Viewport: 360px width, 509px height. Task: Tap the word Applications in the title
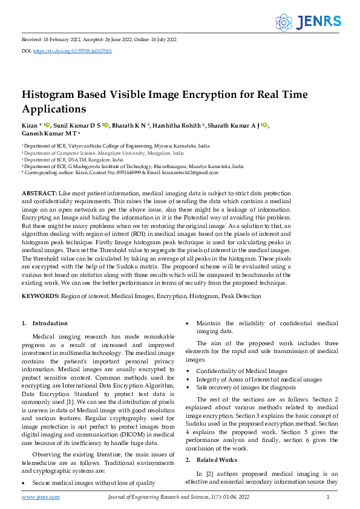[x=54, y=109]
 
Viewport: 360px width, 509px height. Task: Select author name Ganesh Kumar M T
[x=48, y=133]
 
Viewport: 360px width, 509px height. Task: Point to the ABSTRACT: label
[x=39, y=192]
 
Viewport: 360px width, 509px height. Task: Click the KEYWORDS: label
[x=41, y=296]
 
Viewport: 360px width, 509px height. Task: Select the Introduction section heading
[x=49, y=323]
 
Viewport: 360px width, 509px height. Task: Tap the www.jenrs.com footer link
[x=41, y=497]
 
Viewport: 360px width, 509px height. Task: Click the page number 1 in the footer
[x=327, y=497]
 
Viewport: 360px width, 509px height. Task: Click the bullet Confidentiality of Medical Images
[x=242, y=371]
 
